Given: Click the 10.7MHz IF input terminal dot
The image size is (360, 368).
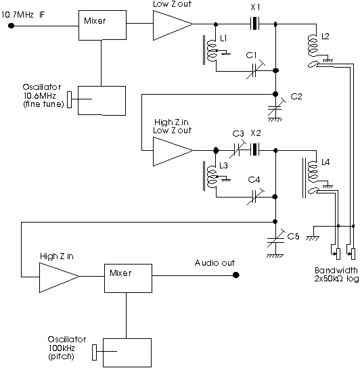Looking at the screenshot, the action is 11,26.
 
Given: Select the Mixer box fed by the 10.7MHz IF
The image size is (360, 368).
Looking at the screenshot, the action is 102,25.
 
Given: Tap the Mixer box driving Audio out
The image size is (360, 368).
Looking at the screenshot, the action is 128,278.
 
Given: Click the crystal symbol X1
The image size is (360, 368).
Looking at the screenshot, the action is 255,24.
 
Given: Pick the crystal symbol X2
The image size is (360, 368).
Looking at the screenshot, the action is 255,149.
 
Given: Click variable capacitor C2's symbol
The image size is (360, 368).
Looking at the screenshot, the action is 276,108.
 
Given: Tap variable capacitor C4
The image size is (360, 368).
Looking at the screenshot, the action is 256,196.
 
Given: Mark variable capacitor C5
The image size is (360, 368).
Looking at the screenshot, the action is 275,239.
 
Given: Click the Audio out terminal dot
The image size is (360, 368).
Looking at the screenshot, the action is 236,275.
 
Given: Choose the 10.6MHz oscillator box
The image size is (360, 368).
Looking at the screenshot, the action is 102,100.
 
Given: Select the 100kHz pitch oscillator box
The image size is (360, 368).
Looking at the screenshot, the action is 127,352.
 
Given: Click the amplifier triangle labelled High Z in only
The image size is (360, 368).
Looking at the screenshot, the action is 59,277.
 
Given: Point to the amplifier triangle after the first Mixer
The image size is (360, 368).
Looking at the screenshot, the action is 173,25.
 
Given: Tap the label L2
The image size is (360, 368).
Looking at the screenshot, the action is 325,36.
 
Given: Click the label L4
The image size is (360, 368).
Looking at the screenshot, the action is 325,162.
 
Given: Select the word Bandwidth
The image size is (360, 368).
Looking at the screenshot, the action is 336,271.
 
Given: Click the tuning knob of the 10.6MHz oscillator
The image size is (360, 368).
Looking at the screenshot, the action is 69,99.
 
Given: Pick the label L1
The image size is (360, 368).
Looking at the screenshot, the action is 223,39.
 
